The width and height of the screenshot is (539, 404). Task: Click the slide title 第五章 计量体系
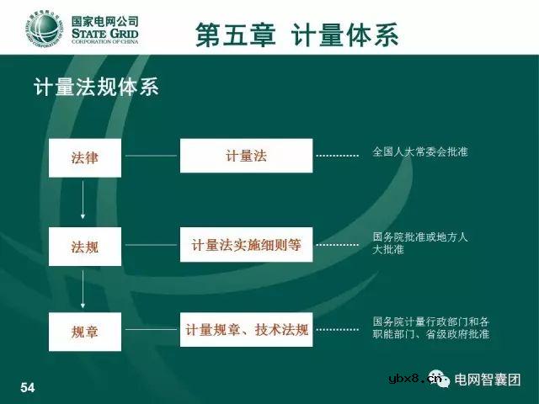(x=296, y=35)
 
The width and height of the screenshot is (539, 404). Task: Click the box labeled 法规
(x=85, y=247)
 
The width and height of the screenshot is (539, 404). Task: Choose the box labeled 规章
(x=85, y=332)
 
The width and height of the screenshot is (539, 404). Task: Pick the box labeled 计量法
(x=246, y=156)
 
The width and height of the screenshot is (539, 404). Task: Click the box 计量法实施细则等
(x=246, y=246)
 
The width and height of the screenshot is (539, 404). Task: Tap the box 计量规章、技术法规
(x=246, y=329)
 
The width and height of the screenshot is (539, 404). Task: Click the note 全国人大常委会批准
(x=419, y=152)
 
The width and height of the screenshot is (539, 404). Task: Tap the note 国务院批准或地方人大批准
(x=419, y=243)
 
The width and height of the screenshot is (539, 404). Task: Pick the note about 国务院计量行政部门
(x=430, y=327)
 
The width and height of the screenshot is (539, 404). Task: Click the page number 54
(x=28, y=386)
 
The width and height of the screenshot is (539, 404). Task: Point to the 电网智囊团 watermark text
(x=488, y=379)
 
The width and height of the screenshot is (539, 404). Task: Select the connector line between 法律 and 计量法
(x=151, y=156)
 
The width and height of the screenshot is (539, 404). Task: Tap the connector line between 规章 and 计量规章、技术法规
(x=151, y=331)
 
